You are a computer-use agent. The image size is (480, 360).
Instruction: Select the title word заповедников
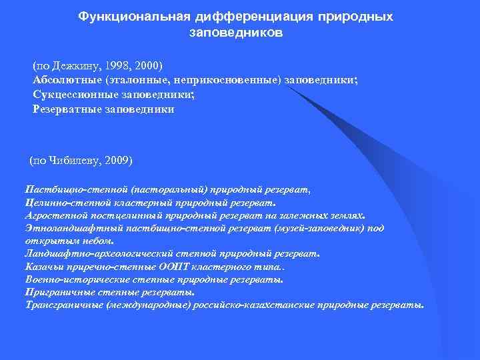pos(236,31)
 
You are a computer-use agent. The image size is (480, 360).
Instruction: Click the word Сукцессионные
pos(71,95)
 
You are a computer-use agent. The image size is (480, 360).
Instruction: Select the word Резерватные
pos(65,109)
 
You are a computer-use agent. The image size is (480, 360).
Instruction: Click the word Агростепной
pos(53,215)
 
